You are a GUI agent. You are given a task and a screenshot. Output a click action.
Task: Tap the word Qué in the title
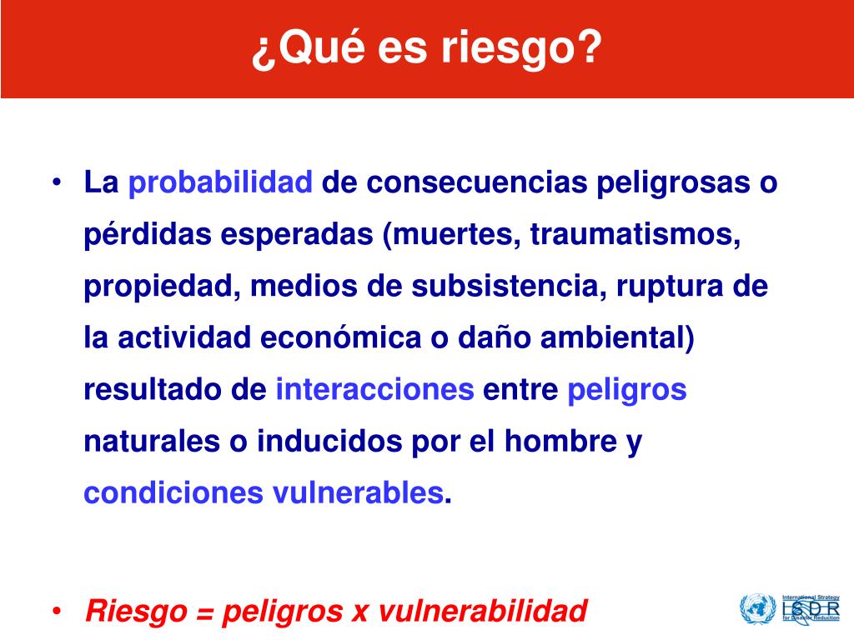[x=322, y=47]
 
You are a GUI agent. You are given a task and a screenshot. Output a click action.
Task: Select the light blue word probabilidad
[x=220, y=183]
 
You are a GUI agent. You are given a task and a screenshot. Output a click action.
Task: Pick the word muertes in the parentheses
[x=452, y=234]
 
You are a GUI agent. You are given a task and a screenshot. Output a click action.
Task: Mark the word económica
[x=340, y=337]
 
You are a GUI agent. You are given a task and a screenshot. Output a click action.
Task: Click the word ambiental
[x=613, y=337]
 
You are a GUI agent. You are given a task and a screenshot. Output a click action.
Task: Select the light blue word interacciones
[x=374, y=389]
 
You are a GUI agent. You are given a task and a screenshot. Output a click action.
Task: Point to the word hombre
[x=560, y=441]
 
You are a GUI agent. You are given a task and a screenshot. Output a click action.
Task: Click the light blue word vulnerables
[x=358, y=492]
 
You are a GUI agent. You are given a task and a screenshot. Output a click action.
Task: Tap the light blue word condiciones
[x=173, y=492]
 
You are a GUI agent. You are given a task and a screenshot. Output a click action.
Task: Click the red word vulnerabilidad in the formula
[x=483, y=611]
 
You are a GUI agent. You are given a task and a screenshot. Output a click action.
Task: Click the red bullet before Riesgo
[x=57, y=611]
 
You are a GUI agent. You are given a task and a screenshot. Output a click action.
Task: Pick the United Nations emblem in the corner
[x=757, y=608]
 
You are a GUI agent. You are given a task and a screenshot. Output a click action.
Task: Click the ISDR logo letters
[x=811, y=608]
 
